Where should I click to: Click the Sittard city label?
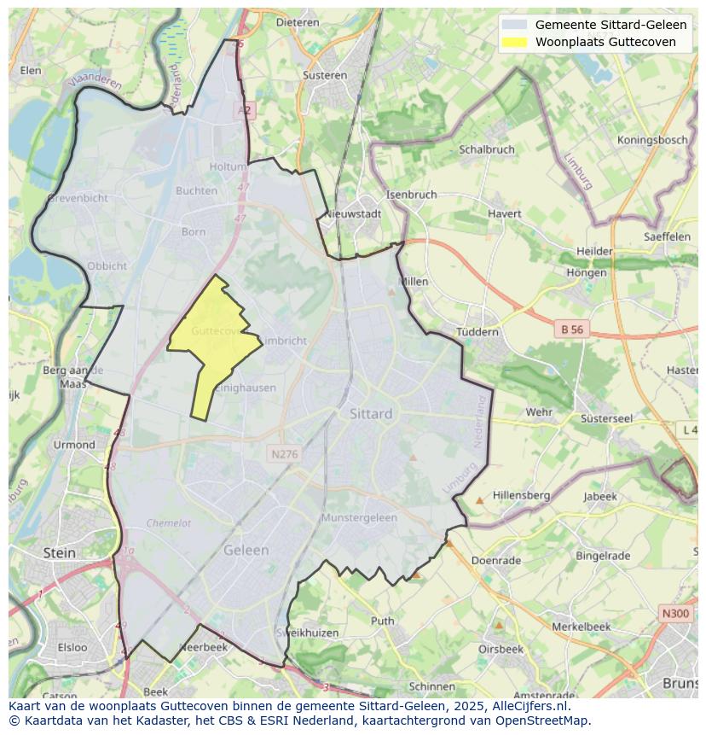coord(371,413)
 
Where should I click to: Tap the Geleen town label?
coord(246,551)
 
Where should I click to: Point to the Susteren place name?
coord(325,75)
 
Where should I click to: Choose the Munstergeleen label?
coord(359,517)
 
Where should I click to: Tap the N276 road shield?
coord(283,454)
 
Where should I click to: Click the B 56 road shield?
coord(571,329)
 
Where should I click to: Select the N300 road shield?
coord(675,614)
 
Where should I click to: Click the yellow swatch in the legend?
coord(514,42)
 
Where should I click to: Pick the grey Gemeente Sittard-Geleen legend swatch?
coord(514,25)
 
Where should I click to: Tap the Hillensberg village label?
coord(521,495)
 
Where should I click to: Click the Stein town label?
coord(59,552)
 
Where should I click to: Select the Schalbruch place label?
coord(487,149)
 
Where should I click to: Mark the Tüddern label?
coord(477,331)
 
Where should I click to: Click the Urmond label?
coord(74,445)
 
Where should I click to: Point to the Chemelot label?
coord(168,523)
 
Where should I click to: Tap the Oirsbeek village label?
coord(501,649)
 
